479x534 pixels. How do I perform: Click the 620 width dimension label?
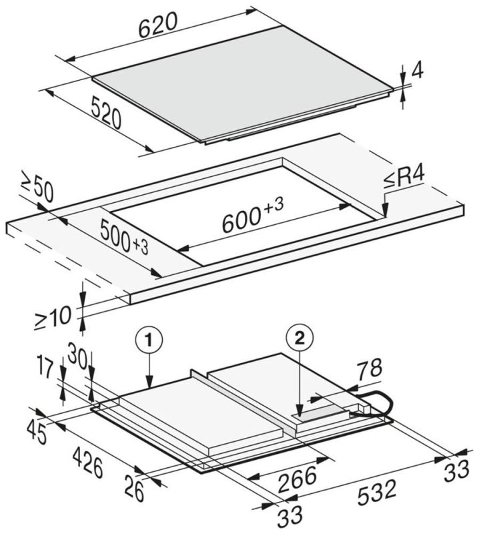(158, 25)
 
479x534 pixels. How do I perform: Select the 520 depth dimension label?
(106, 113)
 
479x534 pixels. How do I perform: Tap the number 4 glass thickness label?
(418, 71)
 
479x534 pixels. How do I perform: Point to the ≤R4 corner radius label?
(405, 178)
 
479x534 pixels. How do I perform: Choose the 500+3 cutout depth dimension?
(125, 237)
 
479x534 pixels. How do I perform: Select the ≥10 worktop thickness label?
(53, 318)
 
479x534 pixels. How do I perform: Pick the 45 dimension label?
(37, 432)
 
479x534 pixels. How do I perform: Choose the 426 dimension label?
(87, 463)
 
